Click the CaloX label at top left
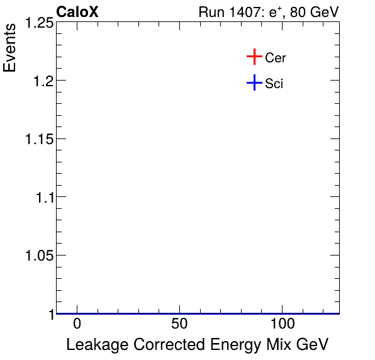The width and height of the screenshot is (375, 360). coord(77,12)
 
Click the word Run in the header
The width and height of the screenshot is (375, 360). coord(211,13)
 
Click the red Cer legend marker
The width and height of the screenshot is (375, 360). coord(254,57)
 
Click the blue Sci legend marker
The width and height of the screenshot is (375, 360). coord(254,82)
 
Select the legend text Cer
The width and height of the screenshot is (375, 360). coord(276,58)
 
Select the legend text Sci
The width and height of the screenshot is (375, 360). coord(274,83)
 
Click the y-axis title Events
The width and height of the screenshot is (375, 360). coord(11,48)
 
